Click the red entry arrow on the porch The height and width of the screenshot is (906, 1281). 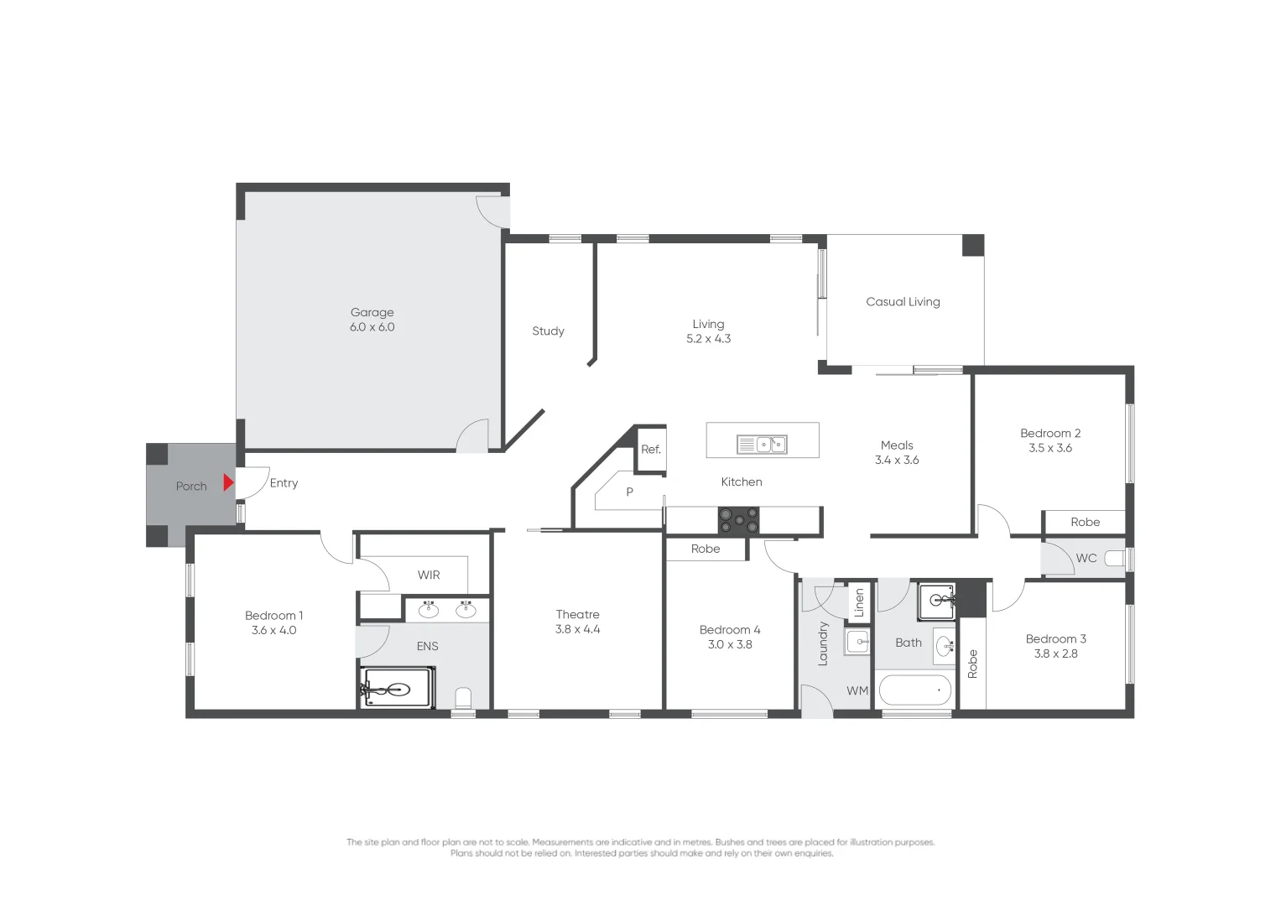point(228,482)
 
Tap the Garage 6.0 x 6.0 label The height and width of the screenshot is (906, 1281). point(372,320)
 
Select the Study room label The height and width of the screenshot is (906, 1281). point(548,331)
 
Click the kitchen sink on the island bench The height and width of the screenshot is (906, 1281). point(762,445)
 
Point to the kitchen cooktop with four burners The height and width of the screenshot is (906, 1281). point(738,520)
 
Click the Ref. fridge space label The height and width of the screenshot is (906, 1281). point(651,450)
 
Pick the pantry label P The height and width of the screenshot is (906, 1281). point(629,492)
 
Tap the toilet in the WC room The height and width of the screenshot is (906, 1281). point(1114,559)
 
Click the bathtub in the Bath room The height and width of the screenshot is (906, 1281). point(914,690)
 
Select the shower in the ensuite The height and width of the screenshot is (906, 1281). point(398,689)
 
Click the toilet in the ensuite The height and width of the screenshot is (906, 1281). point(463,698)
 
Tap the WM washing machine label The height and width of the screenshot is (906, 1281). point(857,691)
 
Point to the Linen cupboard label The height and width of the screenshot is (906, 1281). point(859,602)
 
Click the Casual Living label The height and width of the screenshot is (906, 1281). point(903,302)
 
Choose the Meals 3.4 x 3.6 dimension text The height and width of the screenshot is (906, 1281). point(897,461)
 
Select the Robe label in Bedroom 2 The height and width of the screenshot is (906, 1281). point(1085,522)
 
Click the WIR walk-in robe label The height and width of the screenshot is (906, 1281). point(429,575)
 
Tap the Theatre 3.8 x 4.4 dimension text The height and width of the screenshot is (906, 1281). point(577,629)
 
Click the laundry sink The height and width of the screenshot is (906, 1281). point(857,643)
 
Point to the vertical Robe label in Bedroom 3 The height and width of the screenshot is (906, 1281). point(972,664)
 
